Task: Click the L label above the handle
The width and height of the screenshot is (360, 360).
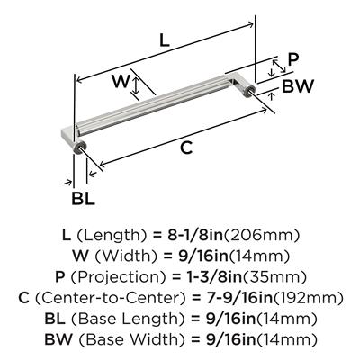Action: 165,40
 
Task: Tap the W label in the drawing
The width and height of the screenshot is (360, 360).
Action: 121,81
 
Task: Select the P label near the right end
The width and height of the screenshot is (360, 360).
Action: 293,59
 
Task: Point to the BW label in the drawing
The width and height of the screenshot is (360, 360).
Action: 298,86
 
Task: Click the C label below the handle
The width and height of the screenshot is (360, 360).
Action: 186,148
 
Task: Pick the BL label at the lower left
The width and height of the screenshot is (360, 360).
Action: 83,198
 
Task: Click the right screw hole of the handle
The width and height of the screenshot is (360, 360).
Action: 250,90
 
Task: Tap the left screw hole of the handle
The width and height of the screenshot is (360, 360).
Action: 81,147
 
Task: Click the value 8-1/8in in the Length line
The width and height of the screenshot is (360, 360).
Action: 195,235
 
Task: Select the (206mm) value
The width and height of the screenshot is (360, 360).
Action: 262,235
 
